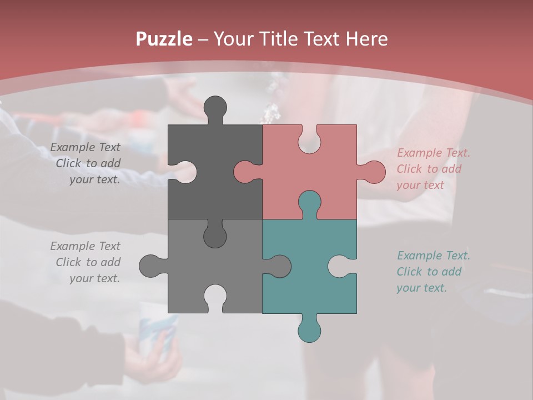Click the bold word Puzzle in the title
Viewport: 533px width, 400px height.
(164, 39)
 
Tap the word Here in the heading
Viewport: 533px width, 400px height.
(366, 39)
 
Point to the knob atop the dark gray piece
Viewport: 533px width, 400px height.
(215, 107)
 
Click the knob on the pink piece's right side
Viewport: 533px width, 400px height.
(374, 172)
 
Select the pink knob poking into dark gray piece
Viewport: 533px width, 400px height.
(244, 172)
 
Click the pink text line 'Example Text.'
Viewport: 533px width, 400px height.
(433, 153)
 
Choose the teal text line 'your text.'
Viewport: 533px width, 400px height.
(421, 288)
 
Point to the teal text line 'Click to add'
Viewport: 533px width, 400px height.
(429, 272)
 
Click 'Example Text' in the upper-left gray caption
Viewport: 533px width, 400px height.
(86, 147)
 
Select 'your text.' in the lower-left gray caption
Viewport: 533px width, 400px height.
(94, 278)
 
